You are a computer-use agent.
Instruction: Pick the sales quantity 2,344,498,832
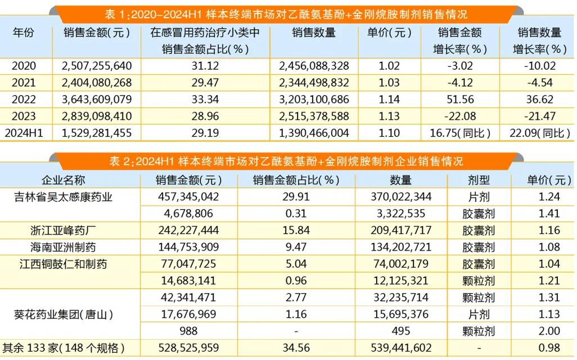[314, 83]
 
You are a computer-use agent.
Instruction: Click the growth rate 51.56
[459, 100]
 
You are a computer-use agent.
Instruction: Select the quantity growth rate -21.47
[540, 116]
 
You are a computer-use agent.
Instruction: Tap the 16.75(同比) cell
[459, 133]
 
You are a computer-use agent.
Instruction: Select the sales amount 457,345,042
[189, 197]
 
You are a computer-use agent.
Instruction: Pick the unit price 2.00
[543, 331]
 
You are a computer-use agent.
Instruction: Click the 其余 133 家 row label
[63, 348]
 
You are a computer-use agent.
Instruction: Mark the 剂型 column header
[479, 181]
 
